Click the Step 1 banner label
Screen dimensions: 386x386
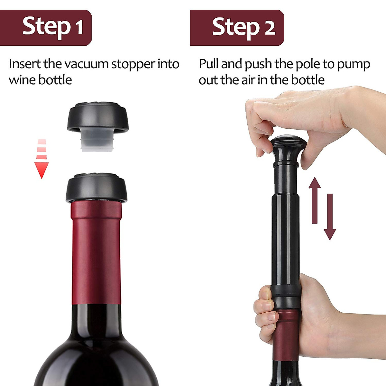[x=52, y=27]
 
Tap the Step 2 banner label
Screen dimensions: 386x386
[x=244, y=27]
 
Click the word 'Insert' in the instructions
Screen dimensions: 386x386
[x=25, y=64]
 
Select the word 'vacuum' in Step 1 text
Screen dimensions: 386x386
[x=87, y=64]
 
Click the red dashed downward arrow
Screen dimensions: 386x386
[x=41, y=159]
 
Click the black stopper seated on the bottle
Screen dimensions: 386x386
[x=96, y=188]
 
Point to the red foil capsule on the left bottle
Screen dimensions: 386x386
[x=96, y=251]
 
